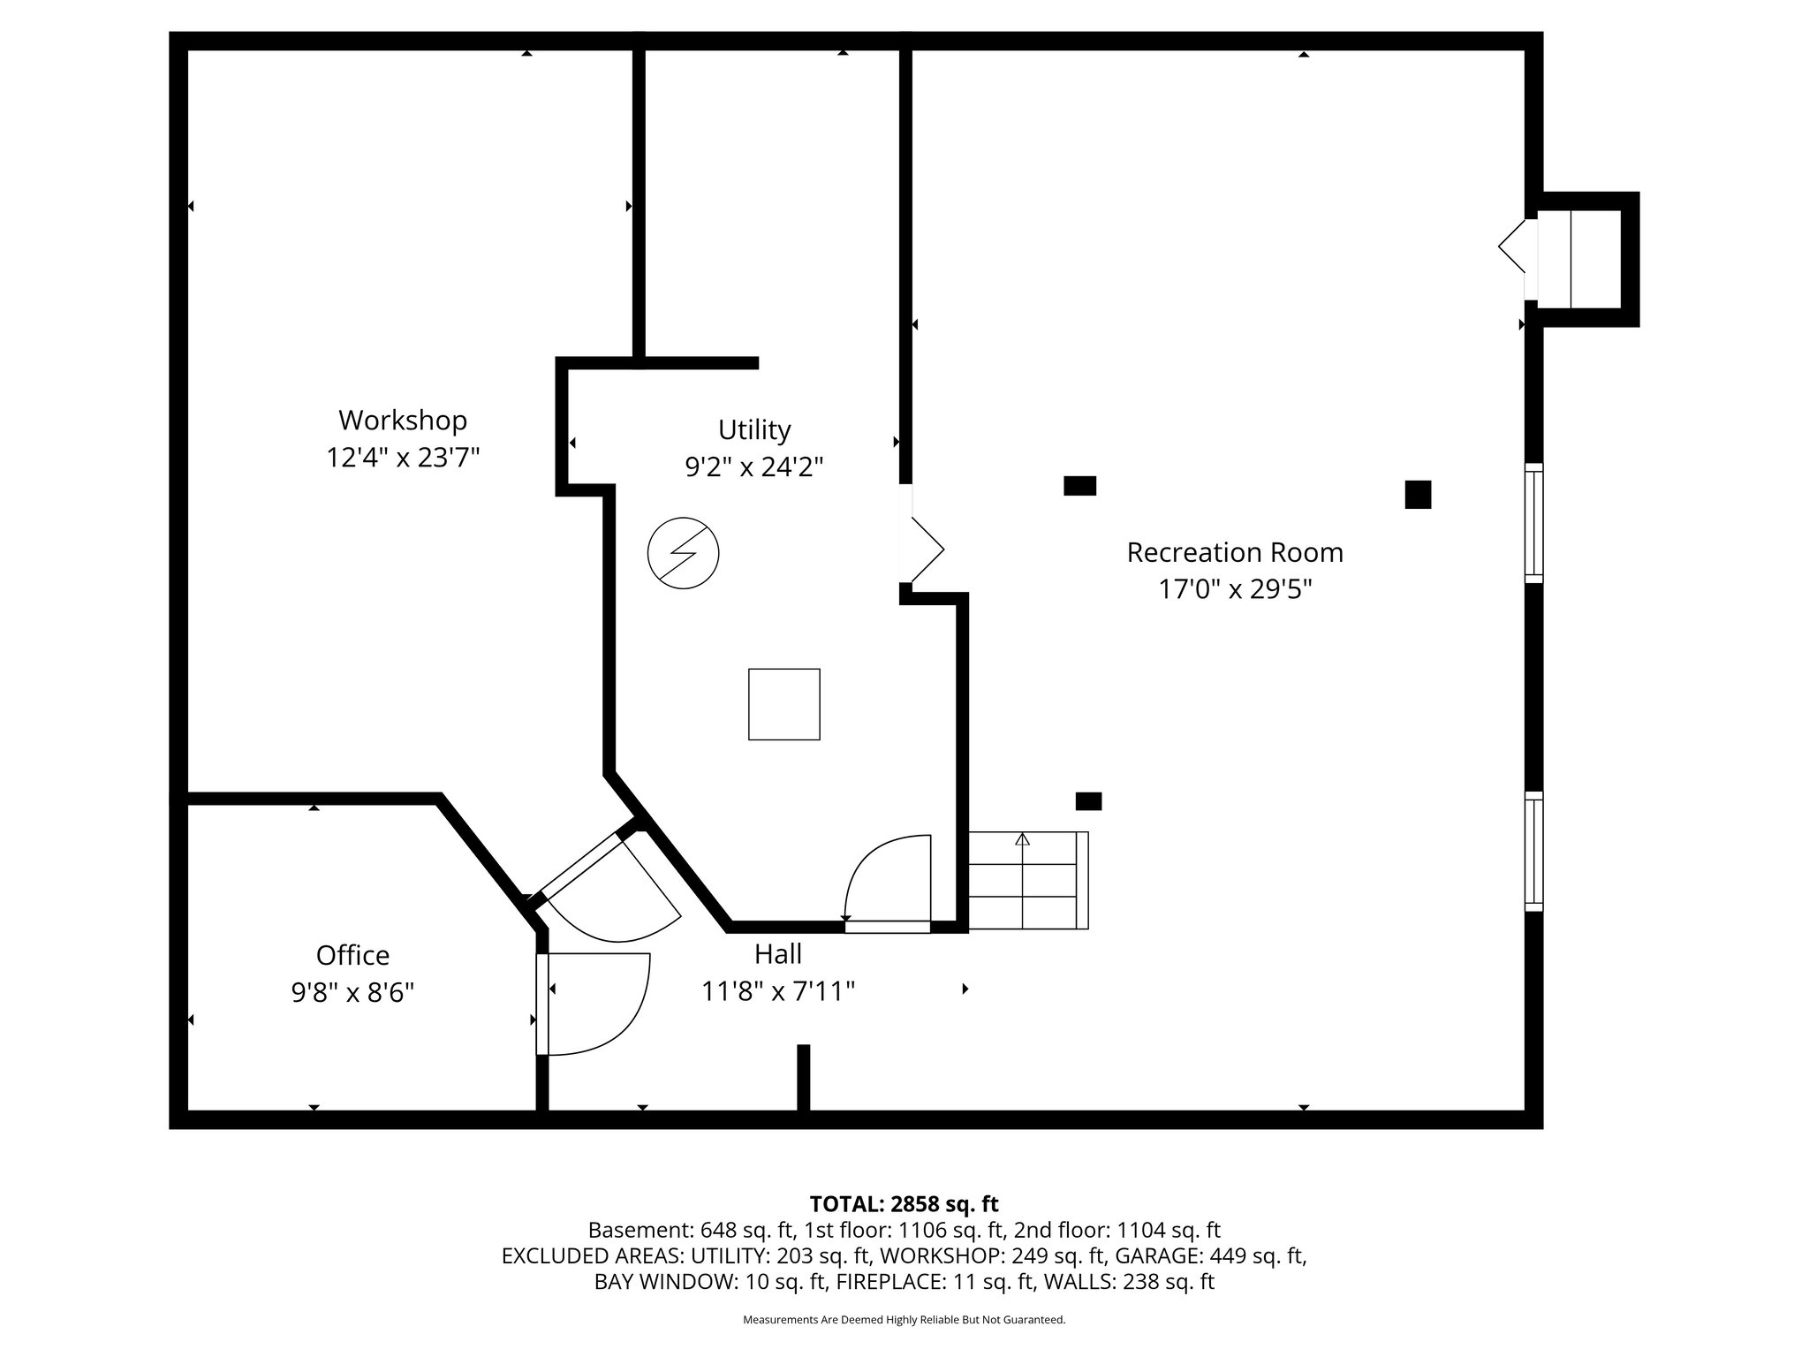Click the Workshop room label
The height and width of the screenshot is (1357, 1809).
(403, 420)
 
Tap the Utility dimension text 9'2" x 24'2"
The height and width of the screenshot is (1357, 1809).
(754, 466)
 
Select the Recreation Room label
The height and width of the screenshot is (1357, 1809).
(1235, 552)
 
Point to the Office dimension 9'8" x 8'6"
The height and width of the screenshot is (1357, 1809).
(352, 993)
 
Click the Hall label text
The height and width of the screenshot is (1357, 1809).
(778, 954)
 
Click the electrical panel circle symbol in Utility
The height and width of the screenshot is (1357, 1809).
(683, 554)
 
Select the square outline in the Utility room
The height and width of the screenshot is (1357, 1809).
(783, 704)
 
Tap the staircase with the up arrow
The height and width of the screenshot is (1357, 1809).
(1028, 880)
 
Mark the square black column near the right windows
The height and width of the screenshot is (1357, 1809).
(1418, 495)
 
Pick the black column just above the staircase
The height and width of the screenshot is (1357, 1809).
(1088, 801)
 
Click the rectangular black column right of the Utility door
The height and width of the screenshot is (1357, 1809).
(1079, 485)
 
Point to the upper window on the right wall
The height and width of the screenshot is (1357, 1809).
(1534, 523)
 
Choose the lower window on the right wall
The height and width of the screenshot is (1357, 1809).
(1534, 852)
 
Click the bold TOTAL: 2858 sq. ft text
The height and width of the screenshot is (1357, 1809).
(904, 1204)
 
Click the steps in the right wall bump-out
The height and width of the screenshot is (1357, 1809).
(1580, 259)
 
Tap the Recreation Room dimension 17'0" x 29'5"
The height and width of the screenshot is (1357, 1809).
(1235, 589)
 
